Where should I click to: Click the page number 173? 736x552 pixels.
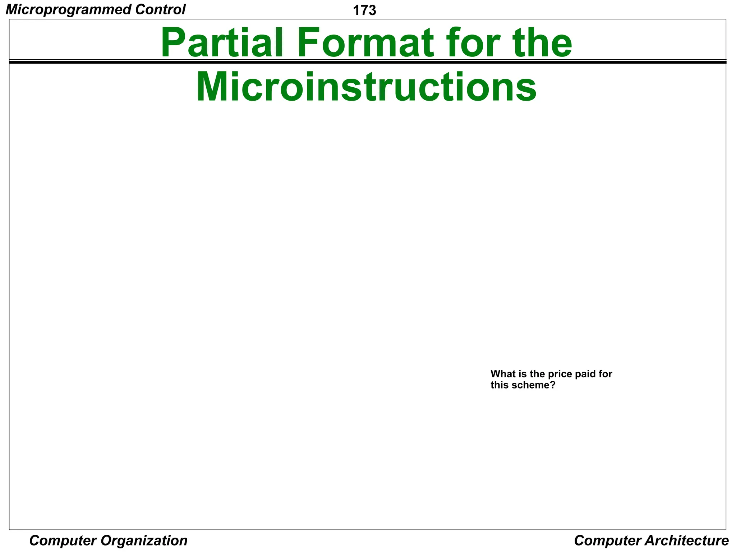pos(364,11)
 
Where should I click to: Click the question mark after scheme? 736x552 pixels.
pos(553,386)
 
